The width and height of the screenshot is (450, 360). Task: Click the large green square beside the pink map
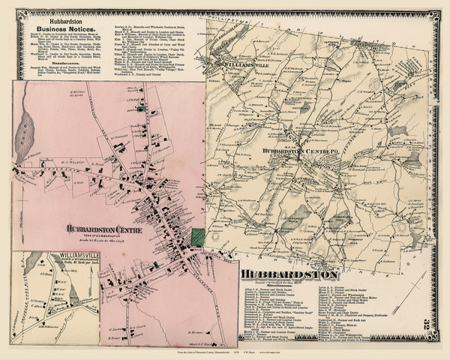tap(198, 237)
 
